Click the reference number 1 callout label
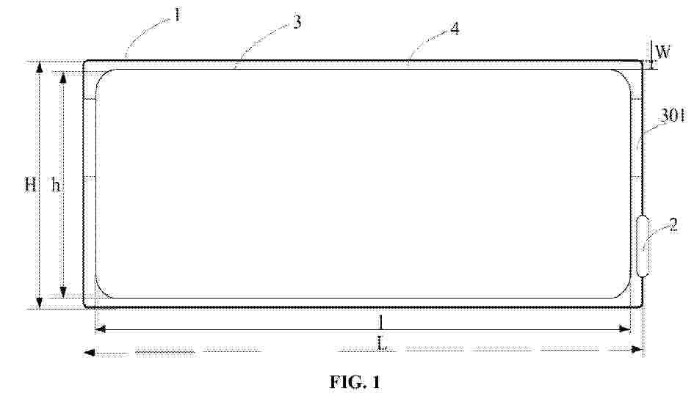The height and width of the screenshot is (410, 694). click(177, 15)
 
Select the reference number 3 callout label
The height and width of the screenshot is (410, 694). click(297, 22)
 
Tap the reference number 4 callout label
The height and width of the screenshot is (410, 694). click(455, 29)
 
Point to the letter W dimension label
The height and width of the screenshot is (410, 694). click(663, 52)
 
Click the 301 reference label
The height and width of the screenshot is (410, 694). click(673, 116)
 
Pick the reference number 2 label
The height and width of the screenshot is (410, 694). click(673, 225)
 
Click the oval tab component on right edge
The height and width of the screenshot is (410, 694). click(643, 246)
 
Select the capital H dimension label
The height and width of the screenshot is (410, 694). click(30, 184)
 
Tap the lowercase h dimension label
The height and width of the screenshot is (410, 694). click(56, 185)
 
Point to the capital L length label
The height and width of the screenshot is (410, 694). click(382, 343)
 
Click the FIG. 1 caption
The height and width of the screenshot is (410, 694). click(355, 381)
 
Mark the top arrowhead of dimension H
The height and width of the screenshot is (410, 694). click(40, 67)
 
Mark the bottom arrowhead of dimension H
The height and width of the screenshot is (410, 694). click(40, 303)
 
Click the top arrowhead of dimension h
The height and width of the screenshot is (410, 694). click(63, 78)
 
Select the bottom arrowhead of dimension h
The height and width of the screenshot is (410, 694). click(63, 292)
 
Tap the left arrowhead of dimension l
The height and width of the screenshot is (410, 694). click(101, 329)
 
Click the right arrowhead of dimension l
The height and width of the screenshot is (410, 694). click(624, 329)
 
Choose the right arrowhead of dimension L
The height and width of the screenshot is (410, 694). click(637, 350)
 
